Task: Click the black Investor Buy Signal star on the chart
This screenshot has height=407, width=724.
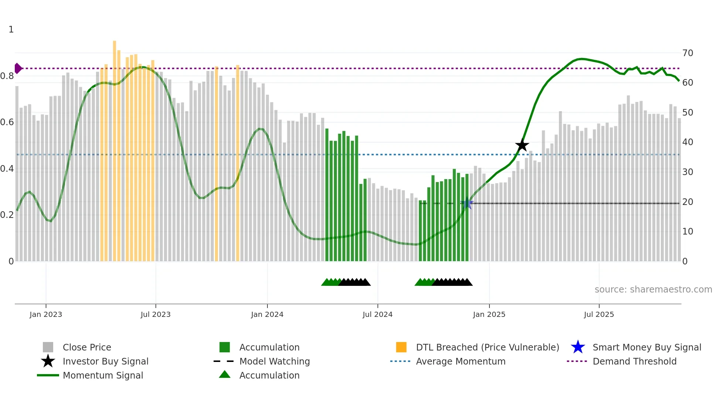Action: click(522, 145)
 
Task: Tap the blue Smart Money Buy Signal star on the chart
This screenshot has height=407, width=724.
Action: click(467, 203)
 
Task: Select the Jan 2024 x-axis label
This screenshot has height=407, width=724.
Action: click(267, 314)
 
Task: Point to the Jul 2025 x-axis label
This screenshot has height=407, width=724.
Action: click(599, 314)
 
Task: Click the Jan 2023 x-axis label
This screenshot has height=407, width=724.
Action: click(46, 314)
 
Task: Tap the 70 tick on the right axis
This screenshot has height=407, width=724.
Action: click(687, 53)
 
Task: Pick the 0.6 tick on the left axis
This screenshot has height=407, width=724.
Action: click(7, 122)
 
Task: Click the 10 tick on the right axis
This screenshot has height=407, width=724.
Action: click(687, 232)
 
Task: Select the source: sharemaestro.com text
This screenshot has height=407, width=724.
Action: click(653, 290)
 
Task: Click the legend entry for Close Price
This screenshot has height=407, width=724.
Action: click(87, 347)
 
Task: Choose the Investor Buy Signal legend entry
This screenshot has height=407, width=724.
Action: click(105, 361)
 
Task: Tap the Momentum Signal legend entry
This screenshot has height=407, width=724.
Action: click(103, 375)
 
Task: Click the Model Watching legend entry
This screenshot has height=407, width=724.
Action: click(274, 361)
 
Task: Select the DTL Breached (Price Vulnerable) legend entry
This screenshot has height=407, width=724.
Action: click(487, 347)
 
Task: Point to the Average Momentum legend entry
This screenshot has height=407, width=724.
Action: click(461, 361)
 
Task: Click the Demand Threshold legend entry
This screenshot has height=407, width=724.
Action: click(634, 361)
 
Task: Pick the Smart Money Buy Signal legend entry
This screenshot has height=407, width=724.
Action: click(646, 347)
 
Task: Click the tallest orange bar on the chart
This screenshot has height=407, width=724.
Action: click(115, 148)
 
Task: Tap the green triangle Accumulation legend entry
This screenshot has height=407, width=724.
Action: click(269, 375)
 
